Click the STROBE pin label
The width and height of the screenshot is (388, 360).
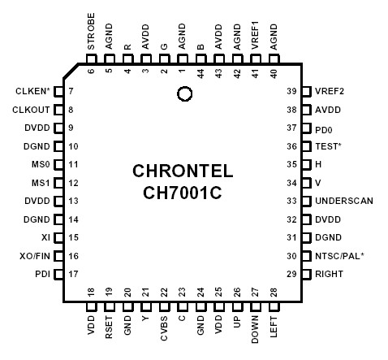[x=90, y=31]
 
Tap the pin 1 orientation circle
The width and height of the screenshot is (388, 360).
[x=184, y=94]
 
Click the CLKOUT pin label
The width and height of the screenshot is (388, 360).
[x=32, y=109]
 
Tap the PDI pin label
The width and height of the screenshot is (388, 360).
[x=42, y=275]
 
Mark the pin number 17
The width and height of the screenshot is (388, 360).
[x=73, y=275]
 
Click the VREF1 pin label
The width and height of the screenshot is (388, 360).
[x=257, y=33]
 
